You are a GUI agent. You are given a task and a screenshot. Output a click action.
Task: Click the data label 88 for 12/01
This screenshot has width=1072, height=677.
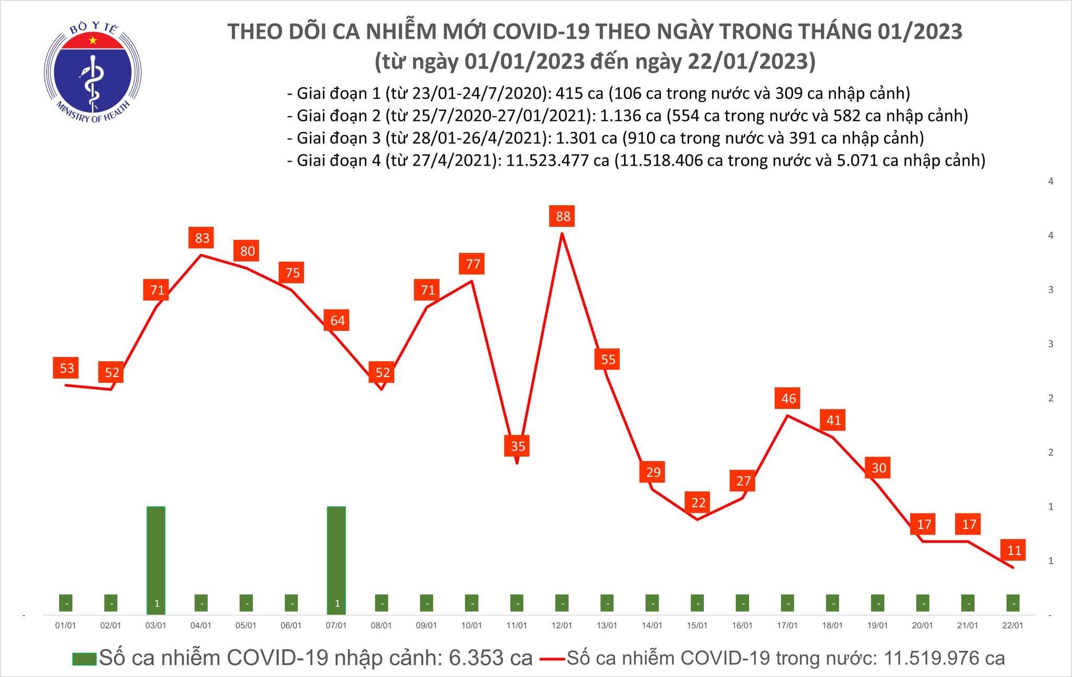562,216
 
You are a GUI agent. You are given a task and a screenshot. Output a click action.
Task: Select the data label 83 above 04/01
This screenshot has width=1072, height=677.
202,238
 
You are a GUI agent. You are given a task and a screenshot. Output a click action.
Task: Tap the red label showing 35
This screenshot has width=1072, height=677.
517,446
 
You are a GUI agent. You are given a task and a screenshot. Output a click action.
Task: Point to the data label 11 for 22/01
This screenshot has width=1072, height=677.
1014,550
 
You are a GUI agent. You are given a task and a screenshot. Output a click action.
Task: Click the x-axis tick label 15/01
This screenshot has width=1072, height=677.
697,626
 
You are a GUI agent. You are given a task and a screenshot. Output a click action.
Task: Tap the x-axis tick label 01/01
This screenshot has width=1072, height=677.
65,626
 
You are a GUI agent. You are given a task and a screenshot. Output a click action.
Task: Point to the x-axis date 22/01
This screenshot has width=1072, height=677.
1013,626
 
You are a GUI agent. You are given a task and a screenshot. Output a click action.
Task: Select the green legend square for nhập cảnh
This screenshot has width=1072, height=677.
84,659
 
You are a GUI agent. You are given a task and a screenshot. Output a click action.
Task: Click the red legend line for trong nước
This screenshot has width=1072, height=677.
551,659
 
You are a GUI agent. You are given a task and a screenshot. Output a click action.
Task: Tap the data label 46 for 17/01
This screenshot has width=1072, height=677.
788,398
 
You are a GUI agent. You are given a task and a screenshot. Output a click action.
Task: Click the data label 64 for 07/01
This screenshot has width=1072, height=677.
337,320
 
